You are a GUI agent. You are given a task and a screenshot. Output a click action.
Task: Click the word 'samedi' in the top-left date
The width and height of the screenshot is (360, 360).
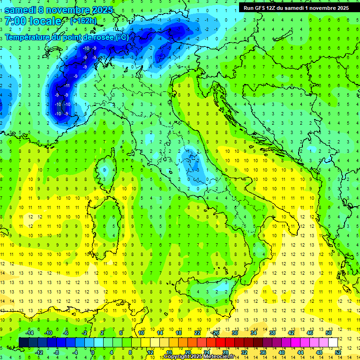pos(20,9)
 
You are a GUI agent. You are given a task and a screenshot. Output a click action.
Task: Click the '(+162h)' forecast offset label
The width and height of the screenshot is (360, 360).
pos(83,21)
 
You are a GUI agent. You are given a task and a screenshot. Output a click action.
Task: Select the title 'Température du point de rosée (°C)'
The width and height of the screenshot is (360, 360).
pos(67,37)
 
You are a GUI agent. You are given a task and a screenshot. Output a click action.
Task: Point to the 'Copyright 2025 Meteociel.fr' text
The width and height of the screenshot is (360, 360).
pos(202,357)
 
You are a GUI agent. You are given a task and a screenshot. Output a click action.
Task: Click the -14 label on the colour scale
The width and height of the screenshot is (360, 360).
pos(30,332)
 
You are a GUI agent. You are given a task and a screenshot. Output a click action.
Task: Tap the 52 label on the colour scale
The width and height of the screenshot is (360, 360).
pos(337,352)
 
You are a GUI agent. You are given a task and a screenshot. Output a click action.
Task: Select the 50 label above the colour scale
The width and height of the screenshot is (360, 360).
pos(329,332)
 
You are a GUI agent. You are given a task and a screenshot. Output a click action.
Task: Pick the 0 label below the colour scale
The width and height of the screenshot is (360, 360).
pos(93,352)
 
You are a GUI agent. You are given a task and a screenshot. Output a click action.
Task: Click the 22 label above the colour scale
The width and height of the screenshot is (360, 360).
pos(197,332)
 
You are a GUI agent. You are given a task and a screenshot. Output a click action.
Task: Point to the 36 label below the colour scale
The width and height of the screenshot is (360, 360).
pos(262,352)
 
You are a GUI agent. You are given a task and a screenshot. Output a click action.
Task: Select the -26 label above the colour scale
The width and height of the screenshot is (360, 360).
pos(215,332)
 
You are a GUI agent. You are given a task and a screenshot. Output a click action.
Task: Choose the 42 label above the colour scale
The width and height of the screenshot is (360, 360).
pos(291,332)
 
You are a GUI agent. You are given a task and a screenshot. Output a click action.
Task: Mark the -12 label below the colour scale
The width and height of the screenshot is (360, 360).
pos(39,352)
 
